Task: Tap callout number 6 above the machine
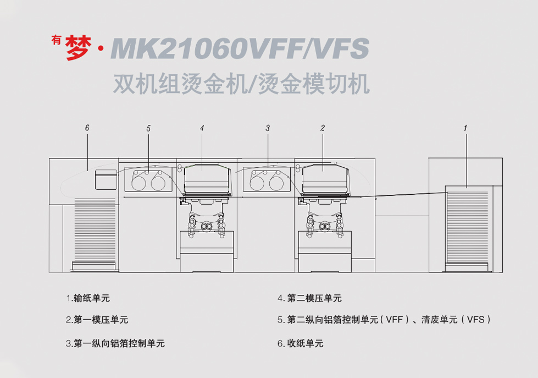pyautogui.click(x=87, y=128)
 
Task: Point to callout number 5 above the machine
pyautogui.click(x=148, y=128)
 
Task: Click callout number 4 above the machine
pyautogui.click(x=202, y=128)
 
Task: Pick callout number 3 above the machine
pyautogui.click(x=268, y=128)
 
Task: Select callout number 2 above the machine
pyautogui.click(x=323, y=128)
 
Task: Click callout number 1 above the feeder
pyautogui.click(x=465, y=128)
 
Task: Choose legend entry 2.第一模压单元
pyautogui.click(x=97, y=320)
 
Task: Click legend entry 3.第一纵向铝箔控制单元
pyautogui.click(x=115, y=343)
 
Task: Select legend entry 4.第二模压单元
pyautogui.click(x=309, y=298)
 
